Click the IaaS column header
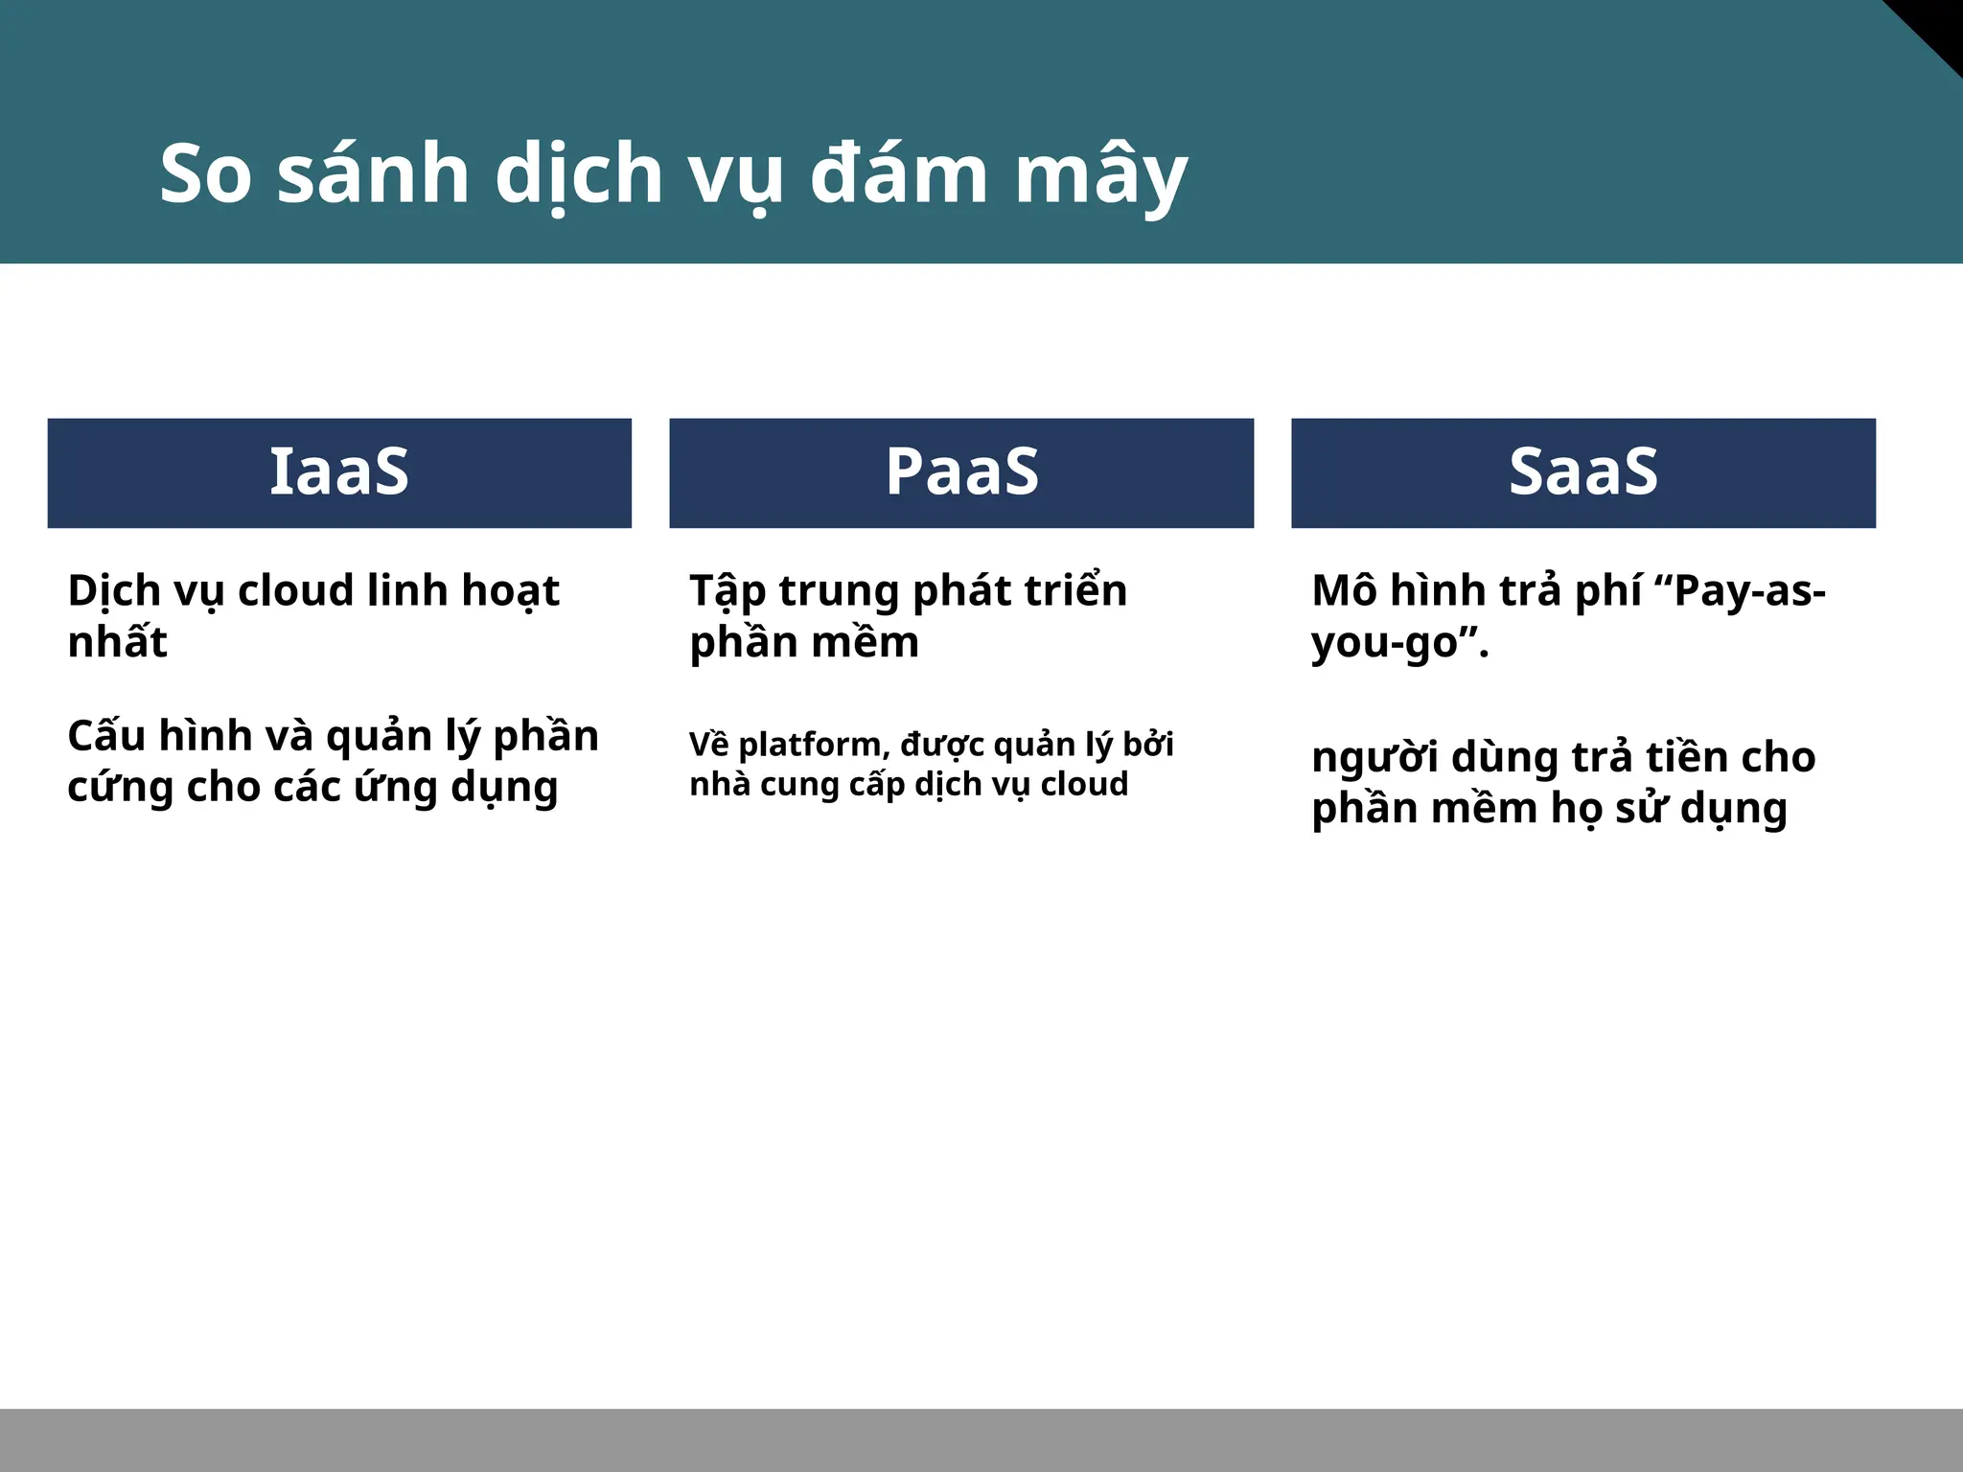point(339,472)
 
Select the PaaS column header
point(961,472)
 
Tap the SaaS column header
point(1583,472)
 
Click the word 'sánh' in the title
point(373,174)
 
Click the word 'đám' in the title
point(898,174)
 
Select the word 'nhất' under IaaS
point(117,641)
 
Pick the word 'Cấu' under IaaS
point(105,736)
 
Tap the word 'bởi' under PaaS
point(1147,744)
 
